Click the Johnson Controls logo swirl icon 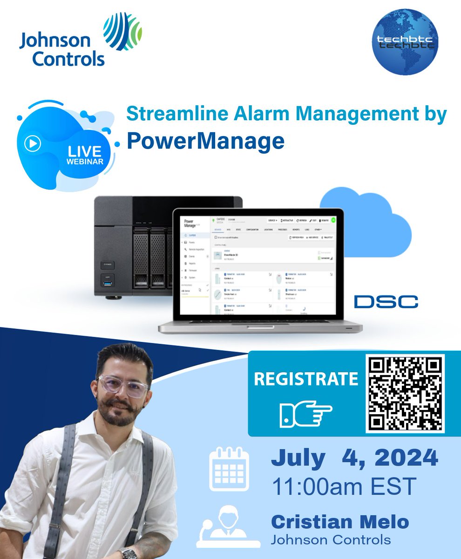122,32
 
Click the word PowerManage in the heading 205,141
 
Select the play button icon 34,144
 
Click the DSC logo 386,301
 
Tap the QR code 405,394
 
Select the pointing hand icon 305,413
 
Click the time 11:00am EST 343,487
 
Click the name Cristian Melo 339,522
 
